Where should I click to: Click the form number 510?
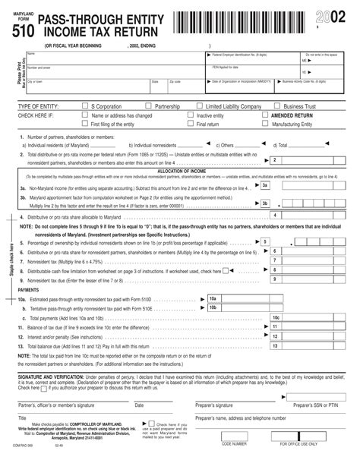[22, 29]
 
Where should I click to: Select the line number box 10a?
[213, 299]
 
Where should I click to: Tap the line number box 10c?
[276, 317]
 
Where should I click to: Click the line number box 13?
[276, 345]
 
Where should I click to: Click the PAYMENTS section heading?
[29, 290]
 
